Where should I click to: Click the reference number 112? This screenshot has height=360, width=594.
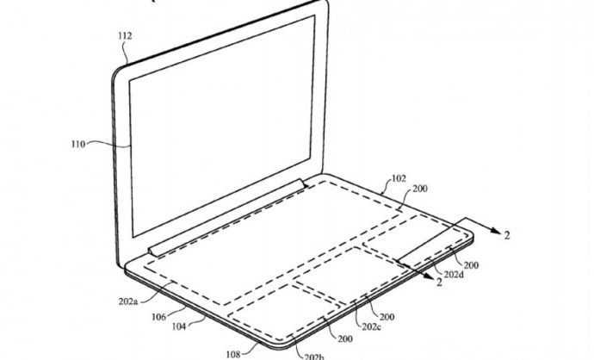coord(125,36)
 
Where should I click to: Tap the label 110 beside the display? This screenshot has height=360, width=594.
coord(78,144)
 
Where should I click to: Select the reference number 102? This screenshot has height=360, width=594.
coord(399,178)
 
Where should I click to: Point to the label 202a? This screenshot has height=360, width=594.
coord(128,301)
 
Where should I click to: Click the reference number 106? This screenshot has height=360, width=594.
coord(158,316)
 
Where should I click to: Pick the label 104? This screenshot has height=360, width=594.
coord(179,326)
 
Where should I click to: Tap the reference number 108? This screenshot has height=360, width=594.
coord(233,354)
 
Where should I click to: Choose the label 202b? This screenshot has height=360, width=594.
coord(314,357)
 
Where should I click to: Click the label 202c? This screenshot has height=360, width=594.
coord(371,326)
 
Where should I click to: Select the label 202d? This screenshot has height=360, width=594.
coord(454,275)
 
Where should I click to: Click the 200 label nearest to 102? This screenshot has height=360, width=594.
coord(420,189)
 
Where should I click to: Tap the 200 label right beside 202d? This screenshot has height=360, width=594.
coord(471,265)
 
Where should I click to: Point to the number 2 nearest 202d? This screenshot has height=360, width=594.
coord(439,282)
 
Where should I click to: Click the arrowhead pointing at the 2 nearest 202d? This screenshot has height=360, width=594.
coord(430,277)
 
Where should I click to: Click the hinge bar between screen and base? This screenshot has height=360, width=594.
coord(226,217)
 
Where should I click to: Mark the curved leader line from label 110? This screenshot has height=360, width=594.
coord(108,144)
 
